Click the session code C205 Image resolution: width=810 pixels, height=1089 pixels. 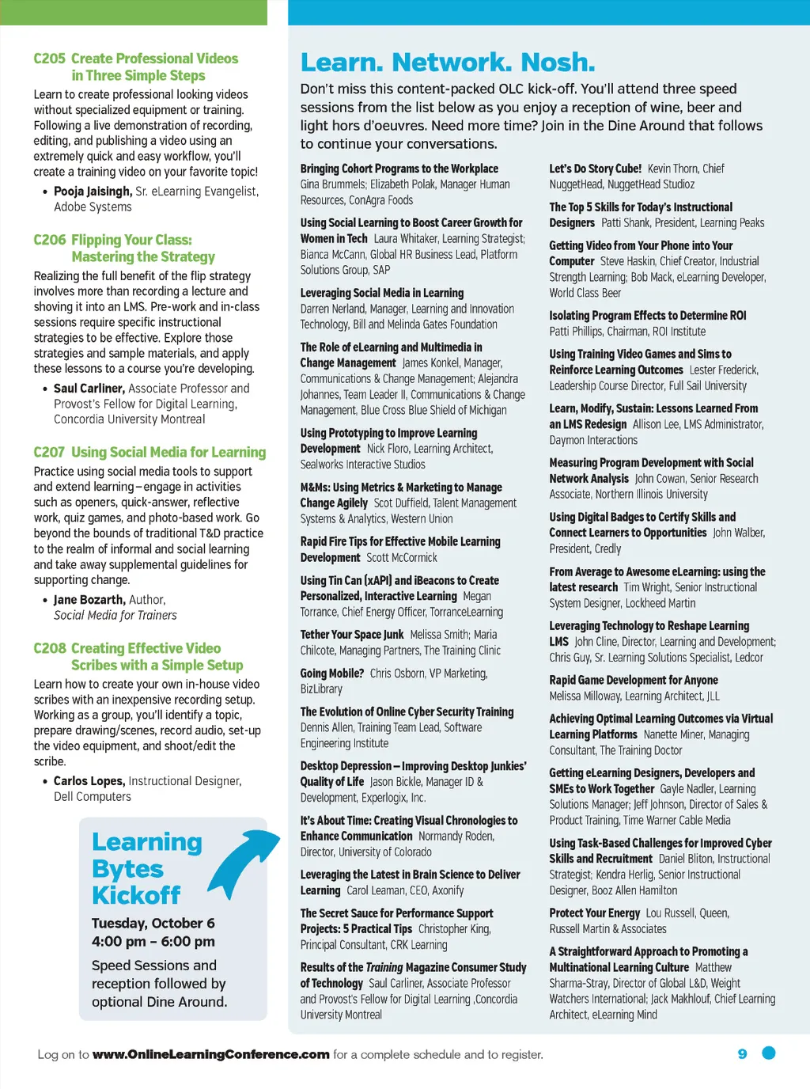[x=49, y=59]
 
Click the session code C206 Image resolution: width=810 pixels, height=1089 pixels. [x=49, y=240]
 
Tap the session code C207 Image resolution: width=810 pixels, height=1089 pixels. [x=49, y=452]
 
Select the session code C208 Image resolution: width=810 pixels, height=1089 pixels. [x=49, y=648]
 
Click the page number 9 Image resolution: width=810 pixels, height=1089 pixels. [x=742, y=1053]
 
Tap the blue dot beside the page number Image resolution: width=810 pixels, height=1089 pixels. [x=768, y=1053]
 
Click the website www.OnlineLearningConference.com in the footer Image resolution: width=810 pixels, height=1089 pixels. [x=210, y=1054]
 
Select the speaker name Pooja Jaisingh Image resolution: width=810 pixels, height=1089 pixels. [x=92, y=192]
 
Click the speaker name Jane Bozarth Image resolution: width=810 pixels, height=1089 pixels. [x=89, y=600]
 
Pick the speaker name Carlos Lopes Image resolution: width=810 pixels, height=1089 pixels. [x=89, y=781]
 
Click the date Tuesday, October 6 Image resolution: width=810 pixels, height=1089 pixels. [x=153, y=923]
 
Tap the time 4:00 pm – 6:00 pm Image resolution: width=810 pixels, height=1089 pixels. [x=153, y=941]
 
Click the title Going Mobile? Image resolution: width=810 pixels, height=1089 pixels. [x=331, y=674]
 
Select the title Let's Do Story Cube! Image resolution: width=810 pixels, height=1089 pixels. [x=595, y=169]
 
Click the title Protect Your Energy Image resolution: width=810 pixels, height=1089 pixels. [x=594, y=913]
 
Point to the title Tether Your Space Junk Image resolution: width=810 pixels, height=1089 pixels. [x=351, y=635]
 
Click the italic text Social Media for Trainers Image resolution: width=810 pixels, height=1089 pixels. [x=115, y=616]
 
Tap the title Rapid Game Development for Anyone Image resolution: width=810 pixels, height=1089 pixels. [x=634, y=681]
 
